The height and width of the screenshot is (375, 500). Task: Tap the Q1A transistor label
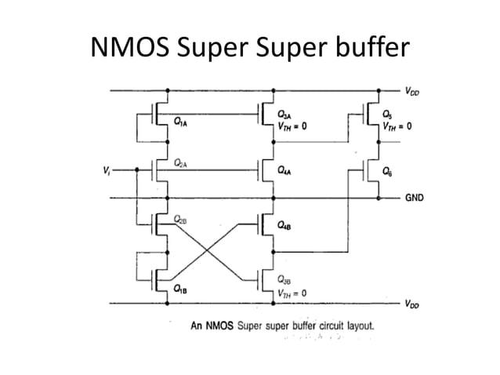click(x=181, y=122)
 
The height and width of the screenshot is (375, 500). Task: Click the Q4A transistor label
click(x=287, y=169)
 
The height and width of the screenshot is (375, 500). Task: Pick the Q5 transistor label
click(x=386, y=113)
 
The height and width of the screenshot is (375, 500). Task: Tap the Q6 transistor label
click(x=387, y=169)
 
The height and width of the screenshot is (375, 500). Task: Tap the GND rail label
click(x=414, y=198)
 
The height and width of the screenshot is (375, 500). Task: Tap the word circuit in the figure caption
click(x=303, y=324)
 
